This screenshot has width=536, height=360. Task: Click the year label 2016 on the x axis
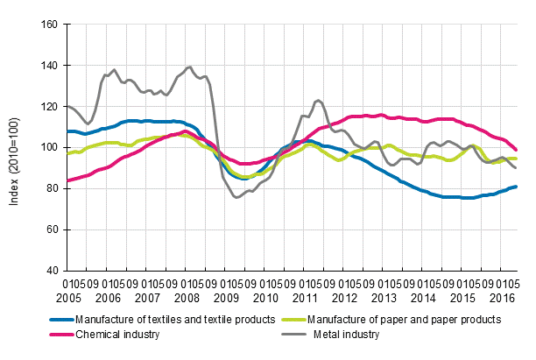[x=505, y=296]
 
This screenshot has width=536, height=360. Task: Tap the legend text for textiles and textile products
[x=176, y=320]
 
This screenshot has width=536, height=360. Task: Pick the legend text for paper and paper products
[x=411, y=320]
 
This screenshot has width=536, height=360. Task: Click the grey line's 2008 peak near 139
[x=189, y=67]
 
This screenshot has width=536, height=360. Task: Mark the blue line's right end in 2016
[x=516, y=186]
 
